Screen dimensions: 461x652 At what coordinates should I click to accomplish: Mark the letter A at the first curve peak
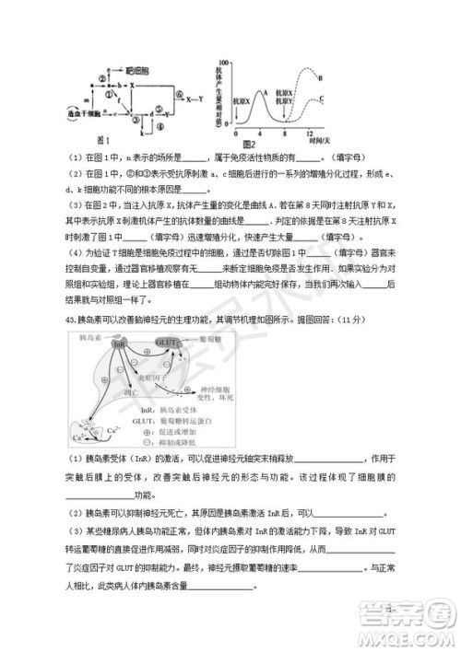264,92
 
